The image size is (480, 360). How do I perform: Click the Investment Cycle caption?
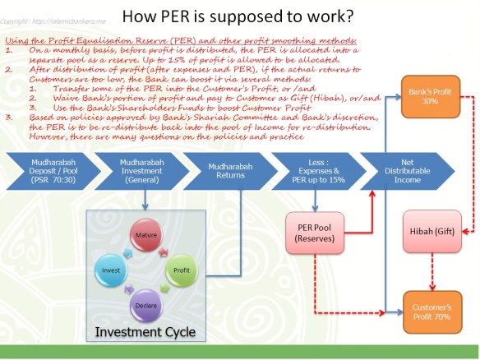pyautogui.click(x=146, y=332)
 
